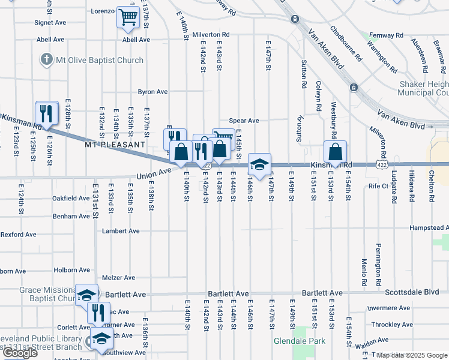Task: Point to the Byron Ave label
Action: [152, 92]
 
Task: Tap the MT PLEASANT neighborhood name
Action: [115, 145]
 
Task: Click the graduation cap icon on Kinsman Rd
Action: [259, 164]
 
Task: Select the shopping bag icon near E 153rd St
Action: [335, 151]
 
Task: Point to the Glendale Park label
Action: [300, 341]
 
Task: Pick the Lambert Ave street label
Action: [121, 230]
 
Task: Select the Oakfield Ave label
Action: [71, 198]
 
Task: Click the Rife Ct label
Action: [378, 186]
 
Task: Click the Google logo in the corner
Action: [20, 353]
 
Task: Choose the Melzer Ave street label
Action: [119, 277]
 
